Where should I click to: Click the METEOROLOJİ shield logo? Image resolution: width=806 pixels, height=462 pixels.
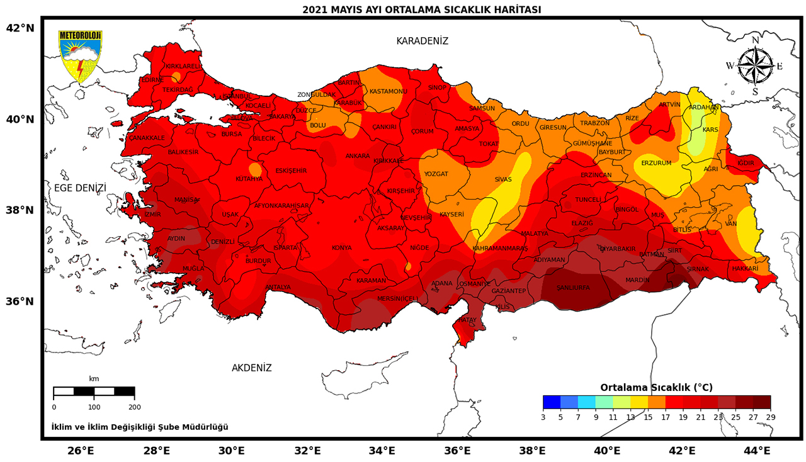[x=79, y=56]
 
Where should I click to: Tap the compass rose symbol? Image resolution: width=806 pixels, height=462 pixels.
[x=755, y=66]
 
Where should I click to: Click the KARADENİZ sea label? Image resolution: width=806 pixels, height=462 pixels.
[x=422, y=41]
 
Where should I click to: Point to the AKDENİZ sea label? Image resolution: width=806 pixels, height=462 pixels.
[x=251, y=368]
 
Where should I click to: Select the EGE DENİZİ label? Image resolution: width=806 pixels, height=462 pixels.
[x=80, y=188]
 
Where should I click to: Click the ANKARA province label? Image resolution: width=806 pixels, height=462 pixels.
[x=358, y=155]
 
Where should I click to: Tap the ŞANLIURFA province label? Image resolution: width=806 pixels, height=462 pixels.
[x=573, y=288]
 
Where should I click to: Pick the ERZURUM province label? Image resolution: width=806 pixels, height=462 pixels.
[x=656, y=162]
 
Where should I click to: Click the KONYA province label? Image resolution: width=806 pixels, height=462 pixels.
[x=341, y=247]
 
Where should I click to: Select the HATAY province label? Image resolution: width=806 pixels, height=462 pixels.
[x=467, y=320]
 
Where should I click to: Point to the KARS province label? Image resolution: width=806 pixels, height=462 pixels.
[x=710, y=130]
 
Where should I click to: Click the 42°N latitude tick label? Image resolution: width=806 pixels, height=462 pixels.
[x=20, y=28]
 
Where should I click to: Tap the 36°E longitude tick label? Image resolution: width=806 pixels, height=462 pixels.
[x=458, y=450]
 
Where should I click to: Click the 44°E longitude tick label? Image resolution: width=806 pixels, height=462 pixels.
[x=758, y=450]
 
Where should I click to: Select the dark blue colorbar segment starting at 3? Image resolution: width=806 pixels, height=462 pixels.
[x=552, y=402]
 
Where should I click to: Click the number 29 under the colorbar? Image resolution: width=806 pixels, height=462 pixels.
[x=770, y=416]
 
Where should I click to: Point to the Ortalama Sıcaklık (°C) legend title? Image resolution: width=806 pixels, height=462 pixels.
[x=656, y=387]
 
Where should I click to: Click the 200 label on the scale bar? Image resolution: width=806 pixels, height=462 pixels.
[x=134, y=407]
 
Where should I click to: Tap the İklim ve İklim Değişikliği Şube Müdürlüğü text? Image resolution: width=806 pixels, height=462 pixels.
[x=140, y=427]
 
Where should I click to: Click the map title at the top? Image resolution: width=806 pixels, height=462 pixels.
[x=421, y=9]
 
